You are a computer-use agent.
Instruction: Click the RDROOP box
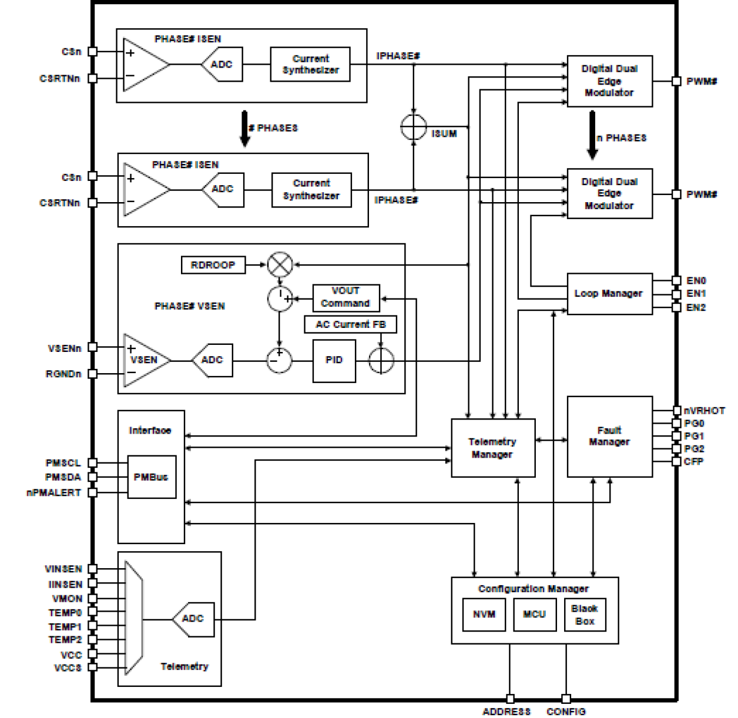pyautogui.click(x=213, y=265)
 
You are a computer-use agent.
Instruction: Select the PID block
pyautogui.click(x=334, y=360)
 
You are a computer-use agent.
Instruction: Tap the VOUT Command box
pyautogui.click(x=345, y=297)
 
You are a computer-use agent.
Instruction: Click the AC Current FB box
pyautogui.click(x=350, y=324)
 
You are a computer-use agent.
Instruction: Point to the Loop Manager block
pyautogui.click(x=609, y=293)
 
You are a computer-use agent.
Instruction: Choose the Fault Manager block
pyautogui.click(x=609, y=436)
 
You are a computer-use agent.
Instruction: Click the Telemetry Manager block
pyautogui.click(x=492, y=448)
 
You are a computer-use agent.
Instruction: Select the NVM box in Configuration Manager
pyautogui.click(x=484, y=614)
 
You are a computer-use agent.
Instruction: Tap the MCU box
pyautogui.click(x=534, y=614)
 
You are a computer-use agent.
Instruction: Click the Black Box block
pyautogui.click(x=585, y=614)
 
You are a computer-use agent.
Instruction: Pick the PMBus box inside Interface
pyautogui.click(x=152, y=477)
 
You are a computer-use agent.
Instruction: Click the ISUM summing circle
pyautogui.click(x=414, y=127)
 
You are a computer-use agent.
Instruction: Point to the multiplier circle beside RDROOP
pyautogui.click(x=280, y=265)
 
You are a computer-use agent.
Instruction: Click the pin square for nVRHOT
pyautogui.click(x=676, y=411)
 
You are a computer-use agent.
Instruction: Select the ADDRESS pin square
pyautogui.click(x=510, y=699)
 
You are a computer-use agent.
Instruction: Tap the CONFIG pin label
pyautogui.click(x=566, y=712)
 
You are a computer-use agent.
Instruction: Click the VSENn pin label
pyautogui.click(x=65, y=348)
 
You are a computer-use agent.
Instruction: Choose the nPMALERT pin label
pyautogui.click(x=53, y=492)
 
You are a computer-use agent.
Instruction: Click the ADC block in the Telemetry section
pyautogui.click(x=193, y=619)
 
